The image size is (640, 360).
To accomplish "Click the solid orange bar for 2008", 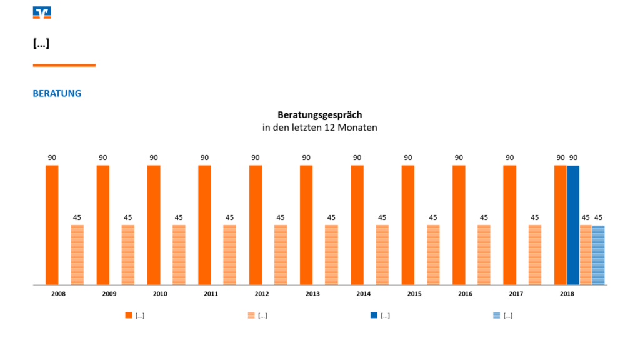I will [x=52, y=225].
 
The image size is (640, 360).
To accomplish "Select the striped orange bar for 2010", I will [x=179, y=254].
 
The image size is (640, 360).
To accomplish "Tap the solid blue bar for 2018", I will [x=573, y=225].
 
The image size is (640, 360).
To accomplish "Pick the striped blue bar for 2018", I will [x=598, y=255].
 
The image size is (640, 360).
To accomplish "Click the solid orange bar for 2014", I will [x=357, y=225].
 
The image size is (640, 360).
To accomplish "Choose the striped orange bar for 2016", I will [x=484, y=254].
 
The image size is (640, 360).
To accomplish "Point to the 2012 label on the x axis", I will [x=262, y=294].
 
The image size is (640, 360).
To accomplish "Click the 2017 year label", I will [x=516, y=294].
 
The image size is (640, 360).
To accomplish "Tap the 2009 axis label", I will [x=109, y=294].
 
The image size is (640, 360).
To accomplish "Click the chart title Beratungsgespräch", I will [x=319, y=115].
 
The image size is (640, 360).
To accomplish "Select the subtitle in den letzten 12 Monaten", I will [x=319, y=127].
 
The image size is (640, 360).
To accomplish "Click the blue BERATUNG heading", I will [x=57, y=94].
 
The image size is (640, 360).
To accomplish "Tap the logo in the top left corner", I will [x=42, y=12].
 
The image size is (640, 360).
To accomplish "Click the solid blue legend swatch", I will [x=374, y=316].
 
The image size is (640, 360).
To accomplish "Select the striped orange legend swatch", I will [x=251, y=316].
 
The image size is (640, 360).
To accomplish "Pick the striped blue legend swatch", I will [x=496, y=316].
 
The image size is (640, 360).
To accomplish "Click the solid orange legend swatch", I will [x=129, y=316].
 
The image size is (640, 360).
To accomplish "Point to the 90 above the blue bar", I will [x=573, y=157].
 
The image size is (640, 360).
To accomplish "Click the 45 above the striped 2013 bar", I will [x=331, y=217].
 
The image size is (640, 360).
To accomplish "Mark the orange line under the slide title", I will [x=64, y=65].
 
